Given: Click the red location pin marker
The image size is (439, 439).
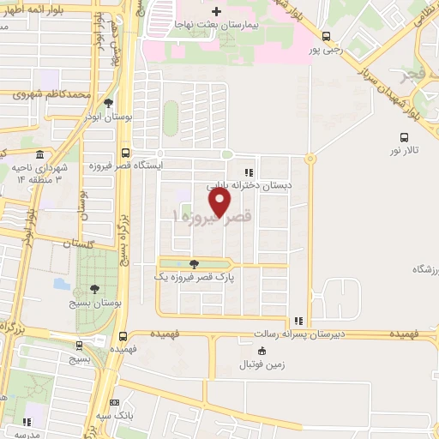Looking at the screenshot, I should tap(221, 201).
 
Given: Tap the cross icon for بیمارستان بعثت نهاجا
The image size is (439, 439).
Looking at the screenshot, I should tap(217, 12).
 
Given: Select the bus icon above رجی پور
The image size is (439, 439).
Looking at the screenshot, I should tap(327, 36).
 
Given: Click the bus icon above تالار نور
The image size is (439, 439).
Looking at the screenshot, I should tap(404, 136).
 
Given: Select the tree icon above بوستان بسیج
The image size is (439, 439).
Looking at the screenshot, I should tap(94, 288).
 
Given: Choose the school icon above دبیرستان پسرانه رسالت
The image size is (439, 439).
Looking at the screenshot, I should tap(298, 320).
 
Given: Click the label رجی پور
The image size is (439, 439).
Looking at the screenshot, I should tap(327, 50).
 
